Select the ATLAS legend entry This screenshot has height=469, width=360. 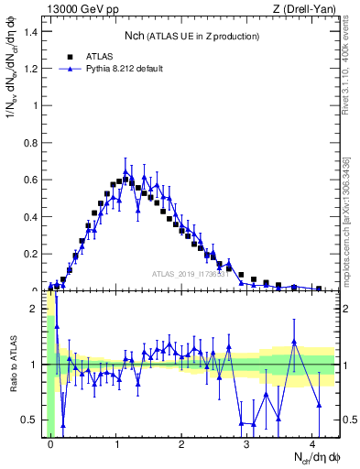(x=98, y=55)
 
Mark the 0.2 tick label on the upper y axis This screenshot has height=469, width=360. (x=30, y=254)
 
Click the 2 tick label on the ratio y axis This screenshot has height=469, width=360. (x=34, y=309)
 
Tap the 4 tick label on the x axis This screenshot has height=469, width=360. (x=312, y=442)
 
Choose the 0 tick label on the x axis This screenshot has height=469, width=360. (x=51, y=442)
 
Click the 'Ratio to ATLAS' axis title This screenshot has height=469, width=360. (x=14, y=365)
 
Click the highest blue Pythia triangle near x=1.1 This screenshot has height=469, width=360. (x=125, y=171)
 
